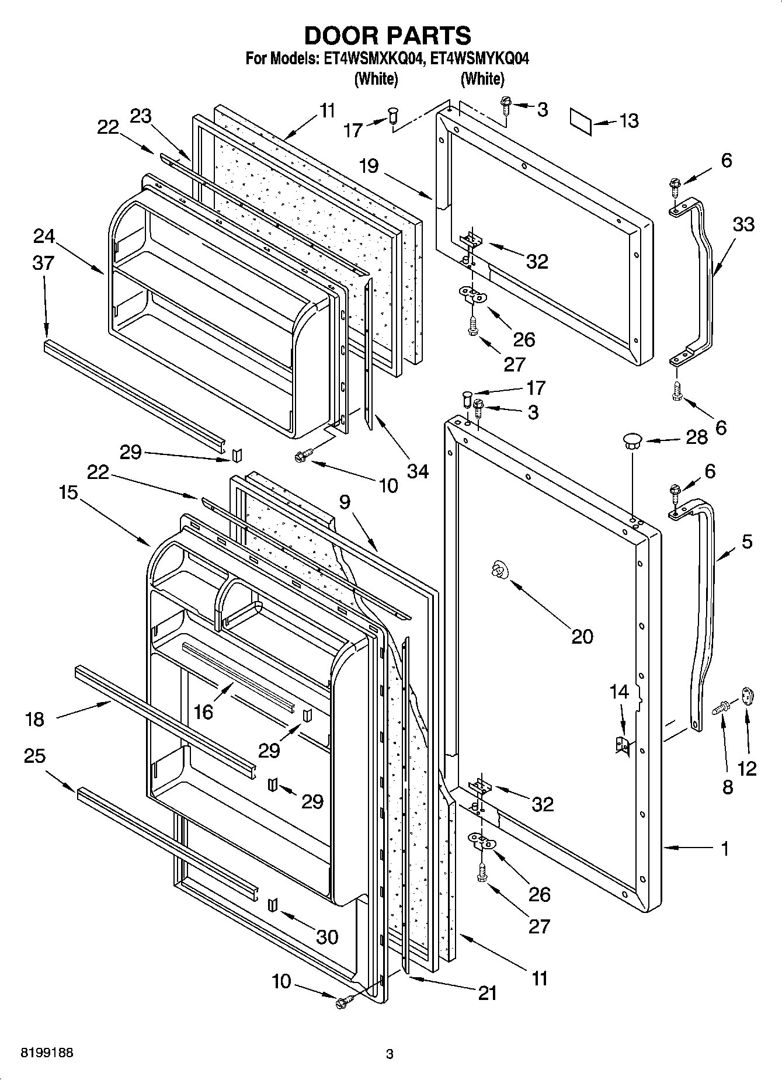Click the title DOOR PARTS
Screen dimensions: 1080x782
point(387,36)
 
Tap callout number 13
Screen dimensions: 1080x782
point(628,121)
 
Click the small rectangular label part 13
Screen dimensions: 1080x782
point(581,120)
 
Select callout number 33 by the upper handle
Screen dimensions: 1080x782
point(743,224)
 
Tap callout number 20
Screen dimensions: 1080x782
point(582,636)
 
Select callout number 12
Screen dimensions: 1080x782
point(747,768)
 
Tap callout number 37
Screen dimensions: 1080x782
point(43,263)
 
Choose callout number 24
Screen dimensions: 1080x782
point(44,236)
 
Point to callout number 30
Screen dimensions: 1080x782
point(326,936)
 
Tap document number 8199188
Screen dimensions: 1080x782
point(47,1053)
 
